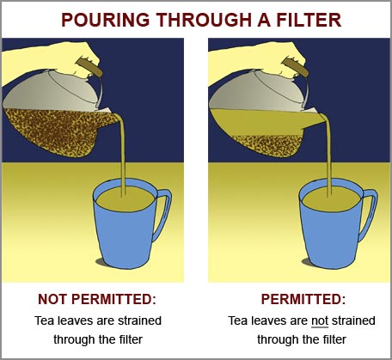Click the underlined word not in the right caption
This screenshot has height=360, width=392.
tap(318, 320)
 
